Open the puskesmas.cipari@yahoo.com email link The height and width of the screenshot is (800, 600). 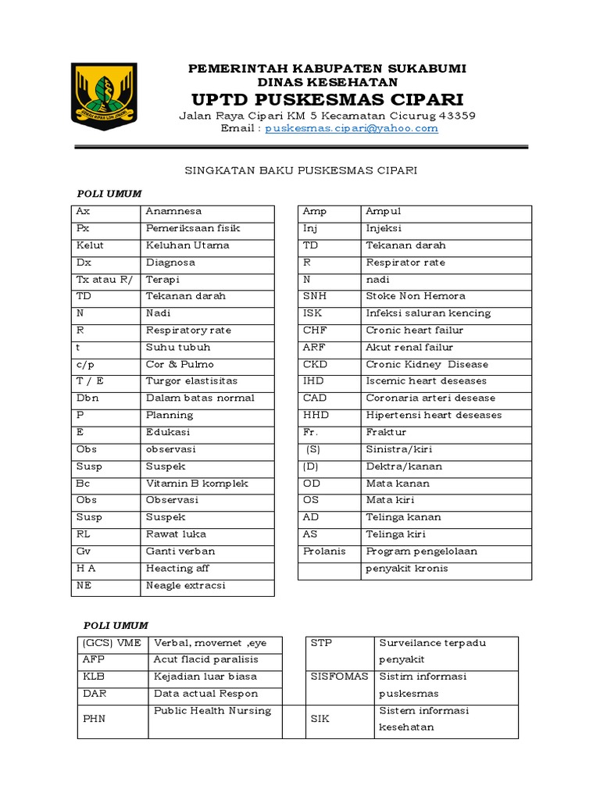352,129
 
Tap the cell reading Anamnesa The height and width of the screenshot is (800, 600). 174,212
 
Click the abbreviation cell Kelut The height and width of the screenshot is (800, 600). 91,245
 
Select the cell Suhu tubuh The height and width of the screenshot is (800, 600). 178,348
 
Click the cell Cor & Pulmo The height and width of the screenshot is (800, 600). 180,365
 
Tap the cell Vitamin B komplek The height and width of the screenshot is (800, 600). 197,484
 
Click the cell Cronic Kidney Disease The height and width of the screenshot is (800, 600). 427,365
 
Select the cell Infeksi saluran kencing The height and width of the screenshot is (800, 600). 429,313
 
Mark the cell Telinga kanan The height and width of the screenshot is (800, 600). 404,517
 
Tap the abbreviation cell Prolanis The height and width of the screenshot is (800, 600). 323,552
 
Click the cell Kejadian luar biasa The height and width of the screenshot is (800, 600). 205,677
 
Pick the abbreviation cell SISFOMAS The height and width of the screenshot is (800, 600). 339,677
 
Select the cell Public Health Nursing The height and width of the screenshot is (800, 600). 212,711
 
